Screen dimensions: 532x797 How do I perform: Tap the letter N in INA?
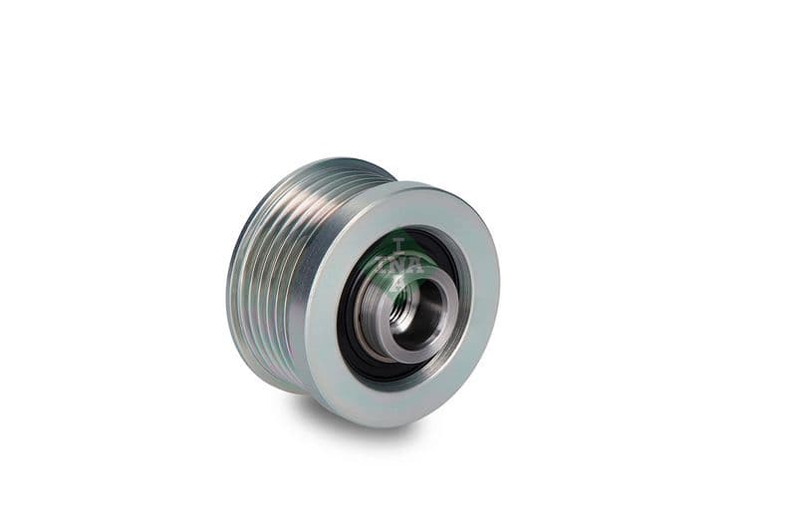tap(398, 265)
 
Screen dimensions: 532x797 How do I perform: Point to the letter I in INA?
tap(380, 266)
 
